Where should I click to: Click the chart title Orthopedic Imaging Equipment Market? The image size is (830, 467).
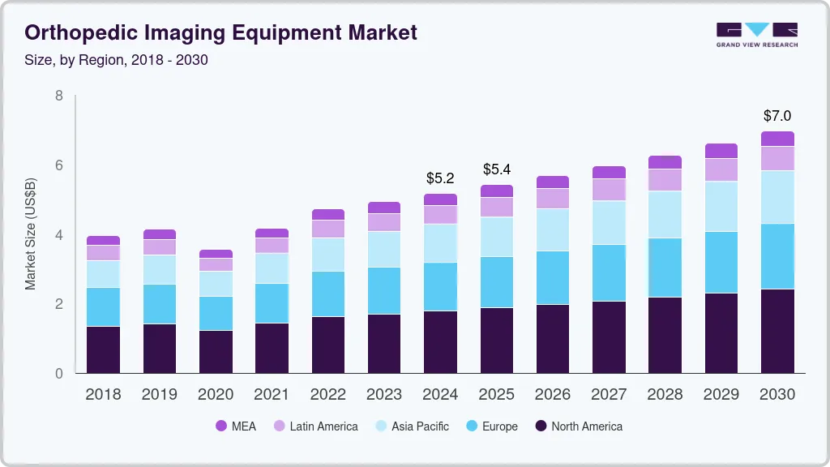220,32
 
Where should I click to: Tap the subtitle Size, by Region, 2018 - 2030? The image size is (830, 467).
116,60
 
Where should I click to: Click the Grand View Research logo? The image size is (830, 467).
756,34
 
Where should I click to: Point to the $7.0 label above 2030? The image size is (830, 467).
777,116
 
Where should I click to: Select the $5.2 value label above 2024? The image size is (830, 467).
440,178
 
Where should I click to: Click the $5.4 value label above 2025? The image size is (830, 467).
496,169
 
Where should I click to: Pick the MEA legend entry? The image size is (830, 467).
235,426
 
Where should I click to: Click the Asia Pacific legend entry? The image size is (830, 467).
411,426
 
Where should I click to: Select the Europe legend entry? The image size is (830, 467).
490,426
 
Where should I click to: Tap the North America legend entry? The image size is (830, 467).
578,426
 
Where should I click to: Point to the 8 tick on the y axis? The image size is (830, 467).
58,96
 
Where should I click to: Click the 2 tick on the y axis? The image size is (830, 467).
58,304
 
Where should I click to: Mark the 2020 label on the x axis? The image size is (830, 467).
216,395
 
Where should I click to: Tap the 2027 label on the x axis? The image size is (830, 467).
609,395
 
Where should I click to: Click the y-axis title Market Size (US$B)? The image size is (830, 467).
31,233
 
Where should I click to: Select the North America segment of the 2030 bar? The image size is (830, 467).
777,331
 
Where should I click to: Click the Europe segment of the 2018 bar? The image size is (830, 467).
103,306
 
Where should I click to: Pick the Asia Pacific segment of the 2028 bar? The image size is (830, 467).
665,214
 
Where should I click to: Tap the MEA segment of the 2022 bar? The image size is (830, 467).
328,214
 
